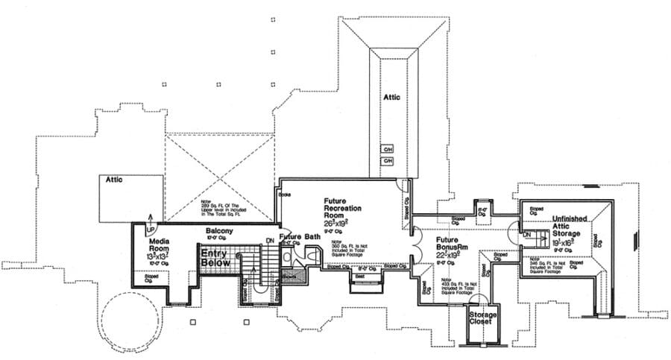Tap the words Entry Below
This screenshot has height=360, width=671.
(213, 258)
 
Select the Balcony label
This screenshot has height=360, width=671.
(220, 232)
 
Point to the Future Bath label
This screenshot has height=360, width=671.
(300, 237)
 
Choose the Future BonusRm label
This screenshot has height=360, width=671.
(454, 245)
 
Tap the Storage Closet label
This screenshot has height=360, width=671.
(482, 320)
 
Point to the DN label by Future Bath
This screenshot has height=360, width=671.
(269, 240)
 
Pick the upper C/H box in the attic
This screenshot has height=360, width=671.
(388, 148)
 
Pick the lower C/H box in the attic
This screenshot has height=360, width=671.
(388, 160)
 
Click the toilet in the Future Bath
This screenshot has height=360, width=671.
(288, 256)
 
